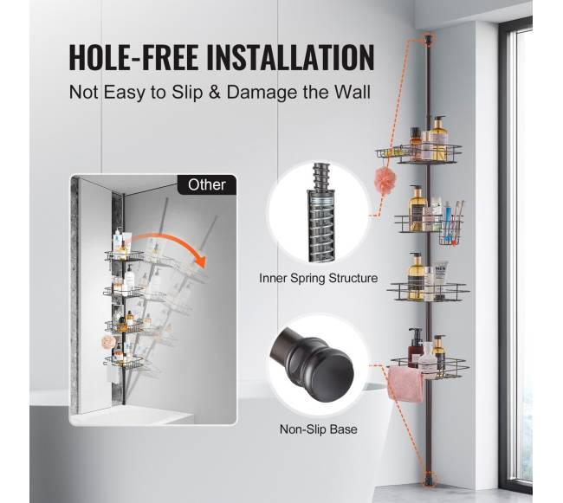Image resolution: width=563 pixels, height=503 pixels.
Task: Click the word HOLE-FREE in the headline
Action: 133,56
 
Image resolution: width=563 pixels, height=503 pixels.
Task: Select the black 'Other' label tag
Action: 207,184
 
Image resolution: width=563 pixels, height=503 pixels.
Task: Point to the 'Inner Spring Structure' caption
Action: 319,278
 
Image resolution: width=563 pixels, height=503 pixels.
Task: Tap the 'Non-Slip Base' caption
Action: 319,429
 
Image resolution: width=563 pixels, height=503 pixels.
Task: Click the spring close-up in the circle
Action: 320,212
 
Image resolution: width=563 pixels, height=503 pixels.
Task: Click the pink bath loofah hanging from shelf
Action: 385,180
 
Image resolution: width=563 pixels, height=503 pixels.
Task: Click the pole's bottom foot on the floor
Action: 428,480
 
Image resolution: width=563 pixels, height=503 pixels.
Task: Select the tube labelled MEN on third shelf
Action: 440,281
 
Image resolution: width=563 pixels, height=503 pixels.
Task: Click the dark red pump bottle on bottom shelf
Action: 415,347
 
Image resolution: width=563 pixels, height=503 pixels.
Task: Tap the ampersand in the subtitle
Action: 214,93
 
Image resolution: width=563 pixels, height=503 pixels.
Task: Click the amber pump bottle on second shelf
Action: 416,208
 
